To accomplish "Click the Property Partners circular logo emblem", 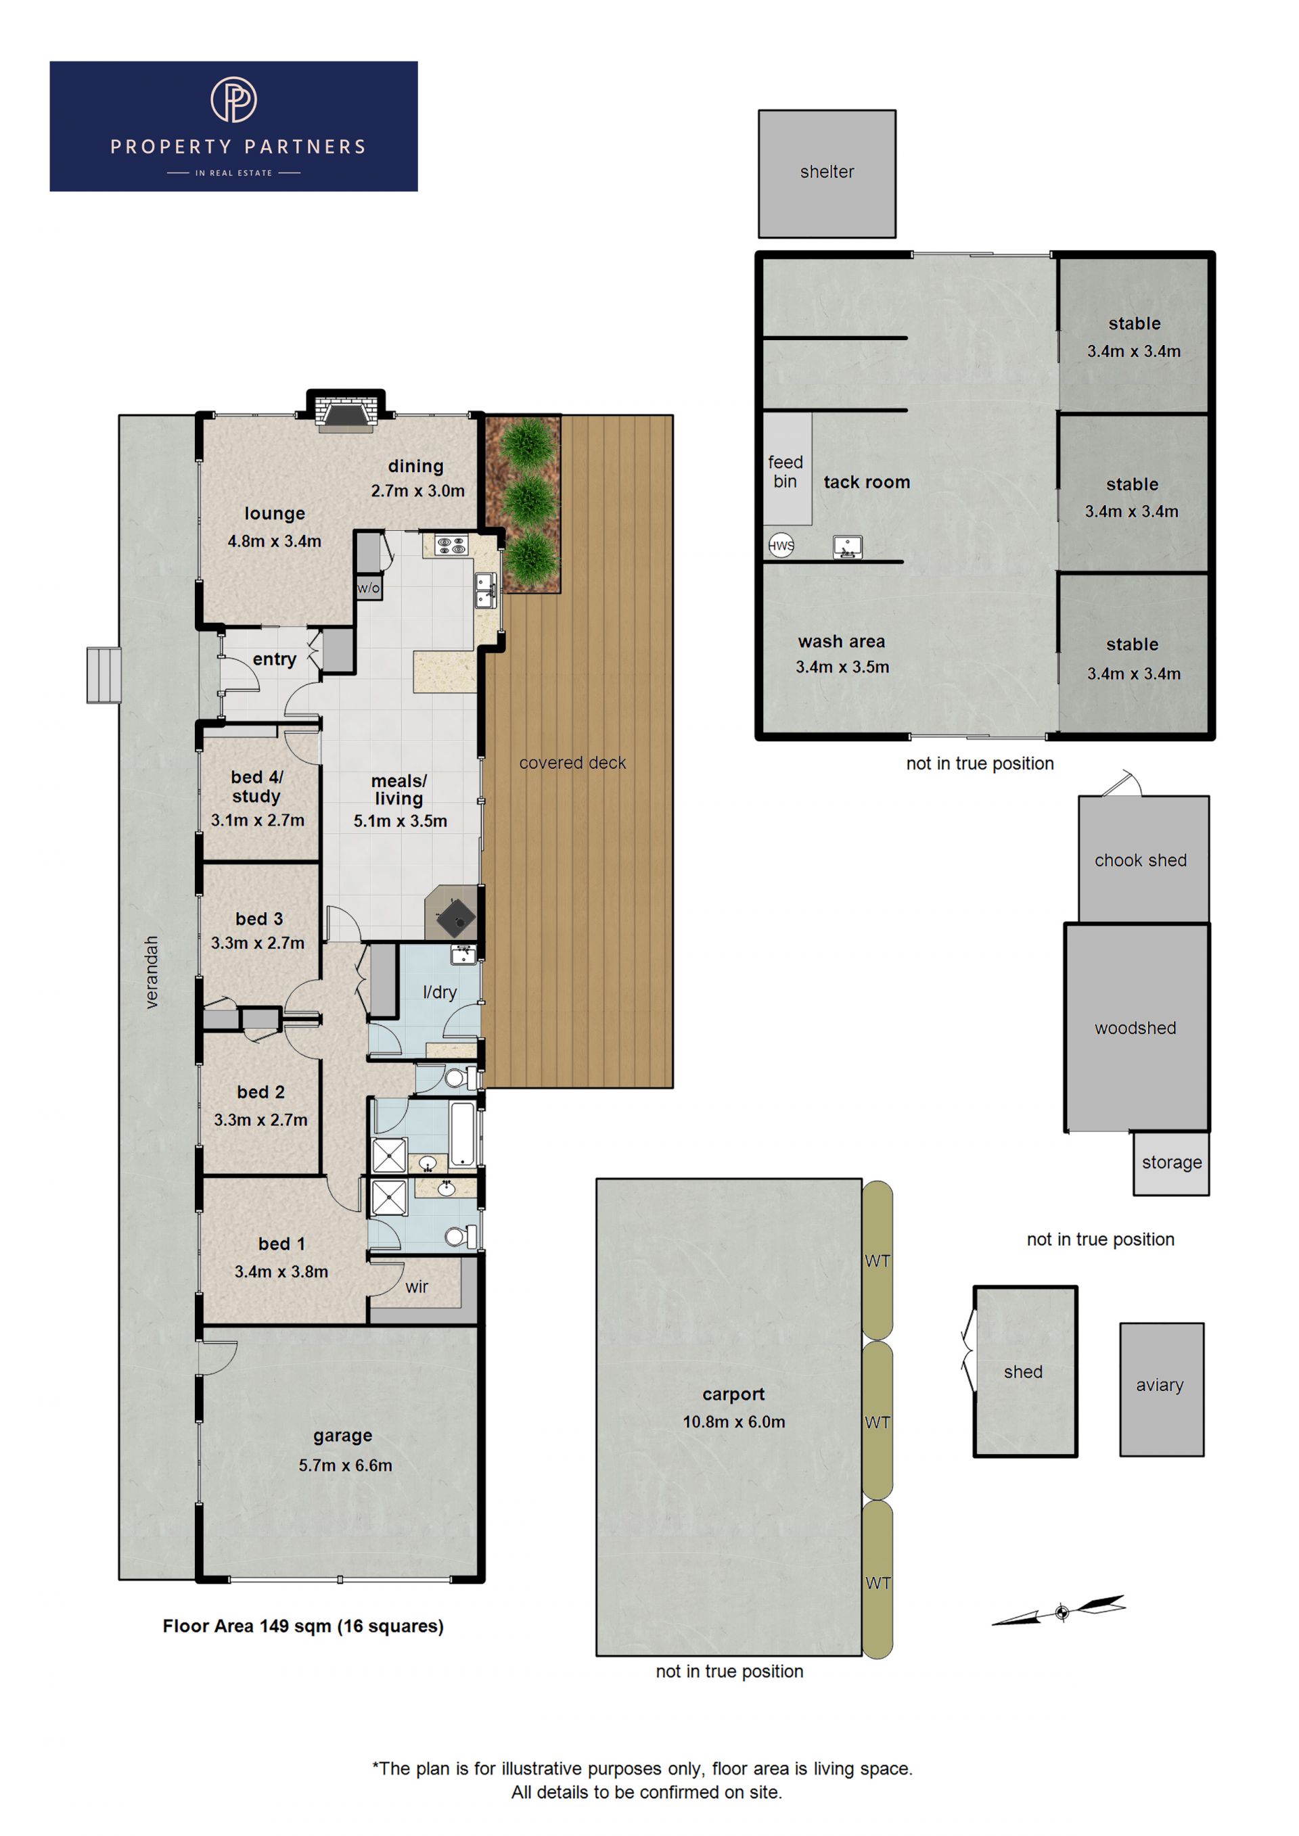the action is pyautogui.click(x=233, y=99).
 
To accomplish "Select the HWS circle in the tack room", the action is pyautogui.click(x=781, y=545).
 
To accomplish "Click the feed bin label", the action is pyautogui.click(x=785, y=472).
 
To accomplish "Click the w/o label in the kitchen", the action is pyautogui.click(x=368, y=588).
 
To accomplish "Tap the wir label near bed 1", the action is pyautogui.click(x=416, y=1287).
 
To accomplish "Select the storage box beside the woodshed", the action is pyautogui.click(x=1171, y=1164).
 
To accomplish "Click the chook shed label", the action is pyautogui.click(x=1141, y=860).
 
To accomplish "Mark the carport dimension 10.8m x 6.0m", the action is pyautogui.click(x=733, y=1421).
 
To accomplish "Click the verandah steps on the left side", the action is pyautogui.click(x=104, y=675).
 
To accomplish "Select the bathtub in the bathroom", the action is pyautogui.click(x=463, y=1135).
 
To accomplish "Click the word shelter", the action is pyautogui.click(x=827, y=172).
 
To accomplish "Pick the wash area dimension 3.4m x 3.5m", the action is pyautogui.click(x=842, y=667).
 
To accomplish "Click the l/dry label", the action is pyautogui.click(x=439, y=992).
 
